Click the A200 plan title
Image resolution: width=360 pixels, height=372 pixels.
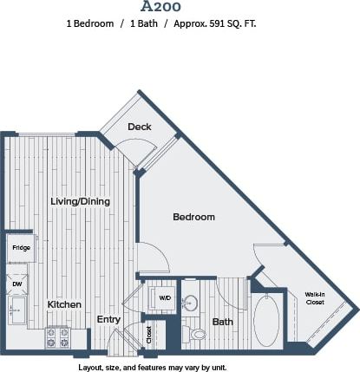click(180, 7)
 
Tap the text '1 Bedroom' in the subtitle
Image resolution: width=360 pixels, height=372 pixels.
click(89, 24)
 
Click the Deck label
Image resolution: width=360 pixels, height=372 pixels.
click(140, 127)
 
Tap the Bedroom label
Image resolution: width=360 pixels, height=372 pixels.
click(193, 217)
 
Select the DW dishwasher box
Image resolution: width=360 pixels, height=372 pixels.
click(17, 283)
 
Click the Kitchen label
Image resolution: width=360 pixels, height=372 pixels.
click(64, 304)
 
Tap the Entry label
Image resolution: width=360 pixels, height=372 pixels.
click(108, 320)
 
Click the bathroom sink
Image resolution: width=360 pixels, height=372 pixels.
click(192, 303)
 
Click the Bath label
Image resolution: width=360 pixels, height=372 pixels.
click(223, 322)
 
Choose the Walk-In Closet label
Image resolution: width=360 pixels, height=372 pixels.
click(315, 298)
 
